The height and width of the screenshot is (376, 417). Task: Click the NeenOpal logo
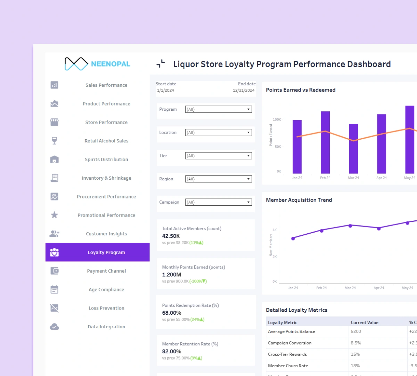pos(97,64)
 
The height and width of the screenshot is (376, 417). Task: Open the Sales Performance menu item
pos(106,85)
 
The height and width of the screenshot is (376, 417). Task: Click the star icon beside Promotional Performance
pos(54,215)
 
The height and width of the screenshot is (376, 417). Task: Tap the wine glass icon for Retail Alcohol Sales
pos(54,141)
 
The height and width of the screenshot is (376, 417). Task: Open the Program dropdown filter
pos(218,109)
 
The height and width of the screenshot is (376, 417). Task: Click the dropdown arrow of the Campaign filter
pos(248,202)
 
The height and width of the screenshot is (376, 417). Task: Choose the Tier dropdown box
pos(218,156)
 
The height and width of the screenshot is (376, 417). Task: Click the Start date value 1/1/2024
pos(165,91)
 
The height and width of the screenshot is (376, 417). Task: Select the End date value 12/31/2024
pos(244,91)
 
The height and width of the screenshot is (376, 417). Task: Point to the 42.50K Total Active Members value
pos(171,236)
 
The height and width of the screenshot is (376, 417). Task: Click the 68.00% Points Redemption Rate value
pos(172,313)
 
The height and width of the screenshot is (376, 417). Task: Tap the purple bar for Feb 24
pos(325,142)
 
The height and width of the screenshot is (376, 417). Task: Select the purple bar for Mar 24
pos(353,149)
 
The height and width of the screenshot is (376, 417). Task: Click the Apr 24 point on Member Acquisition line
pos(379,228)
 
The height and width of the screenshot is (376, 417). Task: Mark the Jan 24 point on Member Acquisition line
pos(293,238)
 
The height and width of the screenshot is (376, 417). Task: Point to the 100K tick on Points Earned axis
pos(277,119)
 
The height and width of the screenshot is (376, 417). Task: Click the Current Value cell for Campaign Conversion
pos(356,343)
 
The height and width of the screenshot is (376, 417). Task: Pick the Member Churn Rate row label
pos(288,366)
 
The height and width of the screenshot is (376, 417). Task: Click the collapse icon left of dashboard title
pos(161,63)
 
